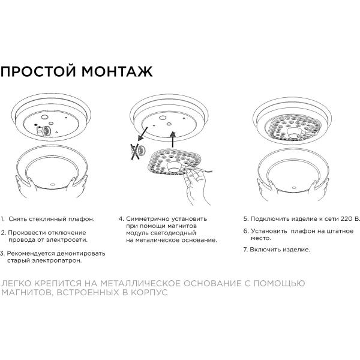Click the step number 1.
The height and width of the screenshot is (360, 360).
(2, 220)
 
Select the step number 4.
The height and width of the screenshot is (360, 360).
(121, 220)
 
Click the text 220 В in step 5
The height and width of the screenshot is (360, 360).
(349, 220)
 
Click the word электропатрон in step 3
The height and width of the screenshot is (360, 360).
(57, 261)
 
